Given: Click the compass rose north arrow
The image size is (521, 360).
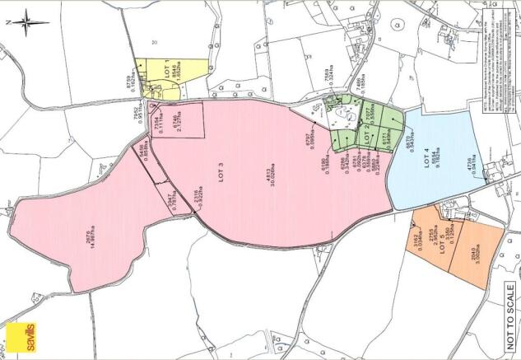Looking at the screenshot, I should pos(24,21).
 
